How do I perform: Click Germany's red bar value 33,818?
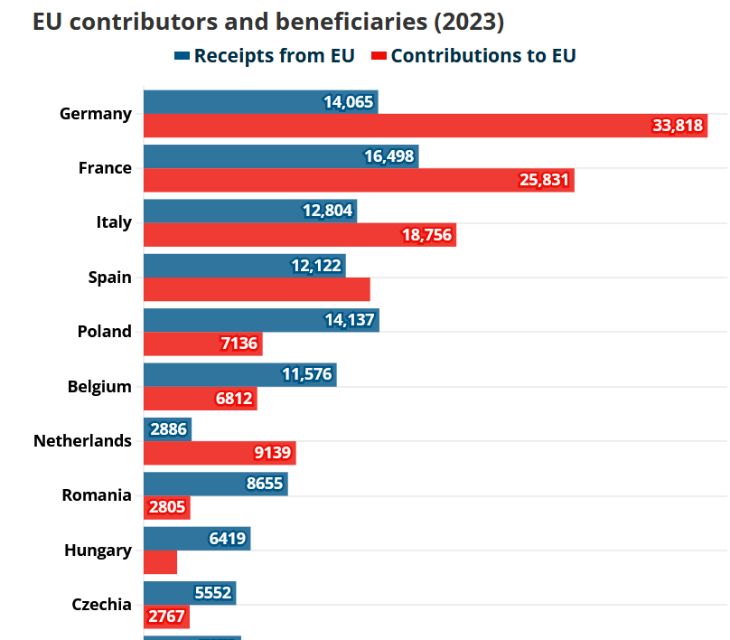pyautogui.click(x=678, y=126)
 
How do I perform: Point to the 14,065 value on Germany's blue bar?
pyautogui.click(x=349, y=102)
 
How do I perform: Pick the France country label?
pyautogui.click(x=105, y=168)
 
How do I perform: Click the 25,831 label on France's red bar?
pyautogui.click(x=544, y=180)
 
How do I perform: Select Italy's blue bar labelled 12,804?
pyautogui.click(x=249, y=211)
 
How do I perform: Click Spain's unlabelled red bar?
pyautogui.click(x=257, y=289)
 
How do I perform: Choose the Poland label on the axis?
pyautogui.click(x=104, y=332)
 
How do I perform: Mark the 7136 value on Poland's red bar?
pyautogui.click(x=239, y=344)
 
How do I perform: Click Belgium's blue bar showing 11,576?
pyautogui.click(x=239, y=374)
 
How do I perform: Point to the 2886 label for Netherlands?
pyautogui.click(x=168, y=429)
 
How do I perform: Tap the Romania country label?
pyautogui.click(x=97, y=495)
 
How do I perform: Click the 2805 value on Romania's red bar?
pyautogui.click(x=166, y=507)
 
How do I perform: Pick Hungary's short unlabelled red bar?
pyautogui.click(x=160, y=562)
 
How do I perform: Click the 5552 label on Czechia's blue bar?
pyautogui.click(x=213, y=593)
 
